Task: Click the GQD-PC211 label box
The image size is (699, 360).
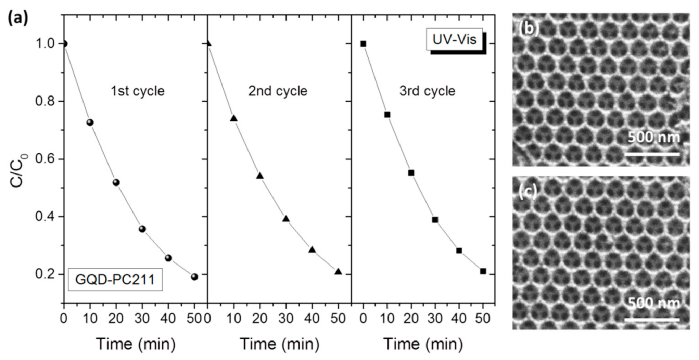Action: pos(115,280)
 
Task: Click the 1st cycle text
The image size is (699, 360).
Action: pos(138,91)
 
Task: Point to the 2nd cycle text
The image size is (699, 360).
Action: pos(278,91)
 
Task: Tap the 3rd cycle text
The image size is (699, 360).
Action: pos(427,91)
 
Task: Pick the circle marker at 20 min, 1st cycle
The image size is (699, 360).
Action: pos(116,182)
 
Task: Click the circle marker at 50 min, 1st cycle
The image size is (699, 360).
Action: pos(194,277)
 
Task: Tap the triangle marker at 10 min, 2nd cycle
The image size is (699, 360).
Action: pos(234,118)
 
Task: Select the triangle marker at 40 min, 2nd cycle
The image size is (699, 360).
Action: pos(312,249)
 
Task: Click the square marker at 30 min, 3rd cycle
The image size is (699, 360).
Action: pos(435,220)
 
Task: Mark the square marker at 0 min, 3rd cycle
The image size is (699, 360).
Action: pos(363,44)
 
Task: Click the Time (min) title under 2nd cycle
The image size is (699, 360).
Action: pos(279,344)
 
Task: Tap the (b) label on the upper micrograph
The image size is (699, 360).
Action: pos(529,29)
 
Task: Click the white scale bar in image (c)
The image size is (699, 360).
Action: pos(652,320)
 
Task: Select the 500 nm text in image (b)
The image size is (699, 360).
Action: pos(653,138)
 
